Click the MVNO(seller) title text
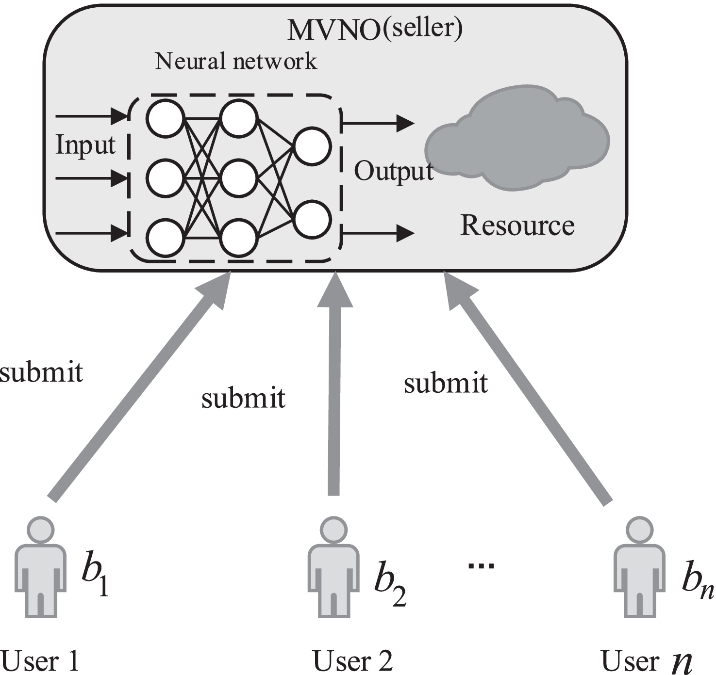(x=375, y=29)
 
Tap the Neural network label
(x=236, y=62)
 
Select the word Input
(x=85, y=145)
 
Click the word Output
(x=393, y=171)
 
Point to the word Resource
(x=517, y=225)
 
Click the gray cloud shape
(x=517, y=138)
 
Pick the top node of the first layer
(x=166, y=118)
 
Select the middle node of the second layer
(x=238, y=178)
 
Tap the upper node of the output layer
(x=313, y=145)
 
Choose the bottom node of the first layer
(x=166, y=238)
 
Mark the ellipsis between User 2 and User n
(x=481, y=565)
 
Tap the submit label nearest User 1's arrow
(x=41, y=372)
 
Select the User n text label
(x=646, y=660)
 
